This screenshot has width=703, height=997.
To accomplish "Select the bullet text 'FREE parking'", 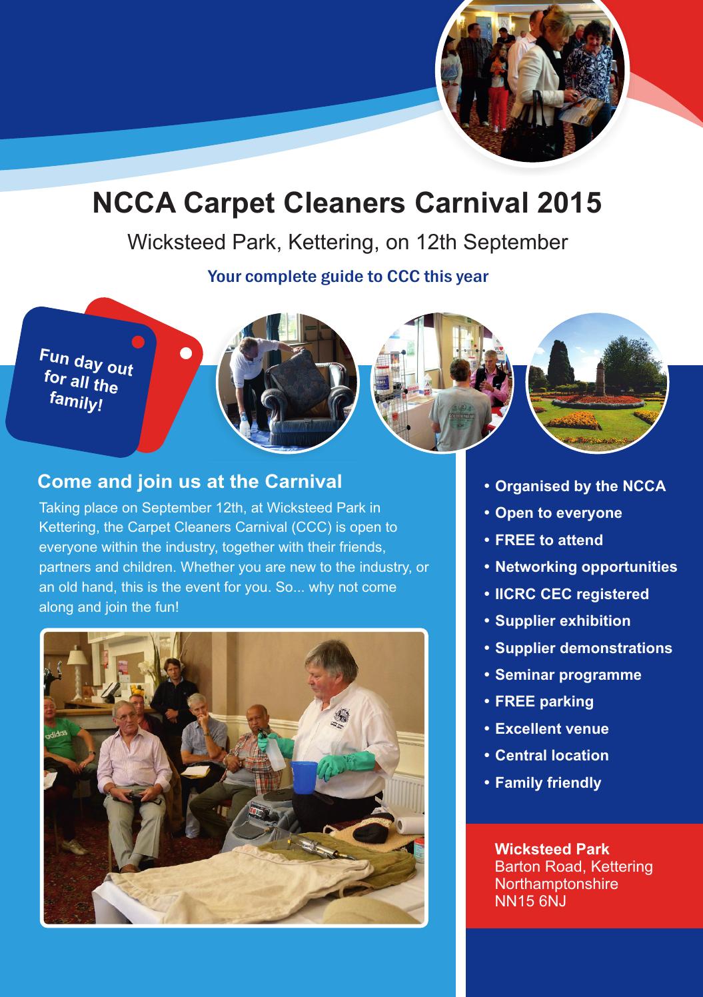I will coord(544,701).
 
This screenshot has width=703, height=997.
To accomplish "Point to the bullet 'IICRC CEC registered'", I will coord(571,594).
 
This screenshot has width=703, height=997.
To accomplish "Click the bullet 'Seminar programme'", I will coord(568,674).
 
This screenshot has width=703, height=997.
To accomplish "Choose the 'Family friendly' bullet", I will coord(548,782).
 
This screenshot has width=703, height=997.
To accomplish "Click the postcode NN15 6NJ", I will coord(530,902).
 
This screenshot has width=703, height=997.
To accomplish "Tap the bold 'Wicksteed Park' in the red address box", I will coord(552,849).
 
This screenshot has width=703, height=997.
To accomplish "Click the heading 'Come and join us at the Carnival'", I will coord(190,481).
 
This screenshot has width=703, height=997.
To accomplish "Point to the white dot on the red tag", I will coord(187,352).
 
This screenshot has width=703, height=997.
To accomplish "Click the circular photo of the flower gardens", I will coord(597,384).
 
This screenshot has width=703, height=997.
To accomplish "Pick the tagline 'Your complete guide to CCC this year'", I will coord(348,276).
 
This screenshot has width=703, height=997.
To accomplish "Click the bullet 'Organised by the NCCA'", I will coord(580,487).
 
